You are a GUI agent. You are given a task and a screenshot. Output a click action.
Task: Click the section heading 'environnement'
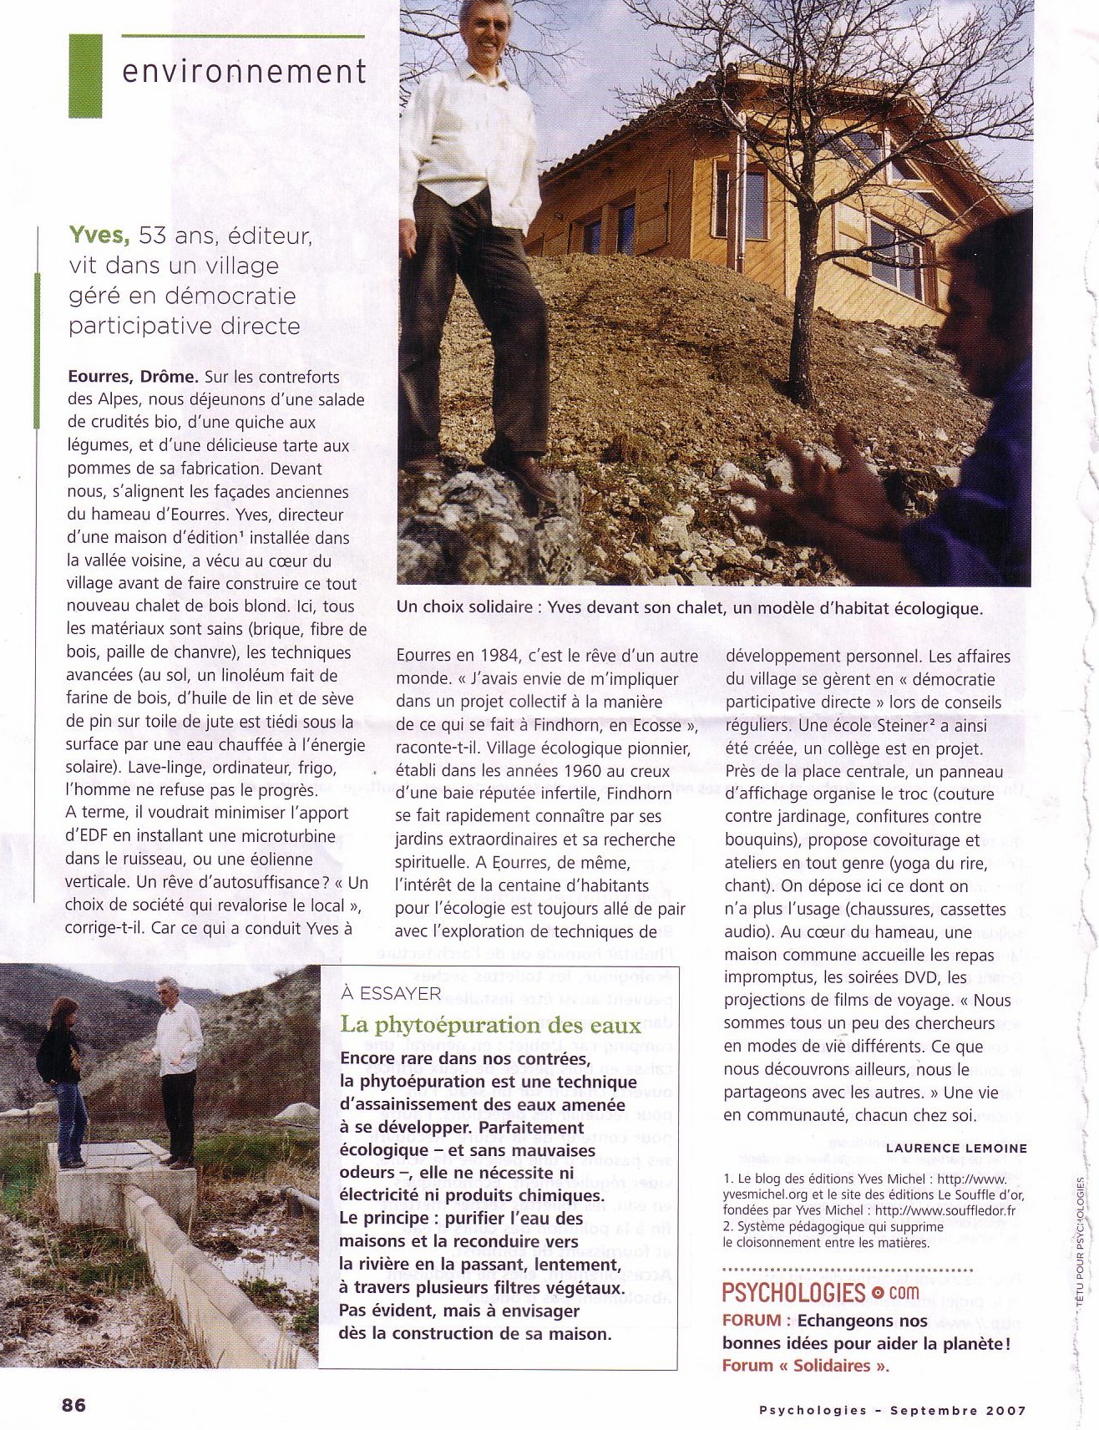(x=244, y=72)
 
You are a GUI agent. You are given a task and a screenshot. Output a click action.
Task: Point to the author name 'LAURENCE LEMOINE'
(x=956, y=1149)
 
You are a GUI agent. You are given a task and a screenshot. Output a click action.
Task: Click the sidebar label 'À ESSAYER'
(x=391, y=993)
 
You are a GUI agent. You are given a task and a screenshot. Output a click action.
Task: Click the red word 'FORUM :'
(x=757, y=1321)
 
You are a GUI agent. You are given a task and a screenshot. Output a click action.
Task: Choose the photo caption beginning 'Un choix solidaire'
(x=690, y=608)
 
